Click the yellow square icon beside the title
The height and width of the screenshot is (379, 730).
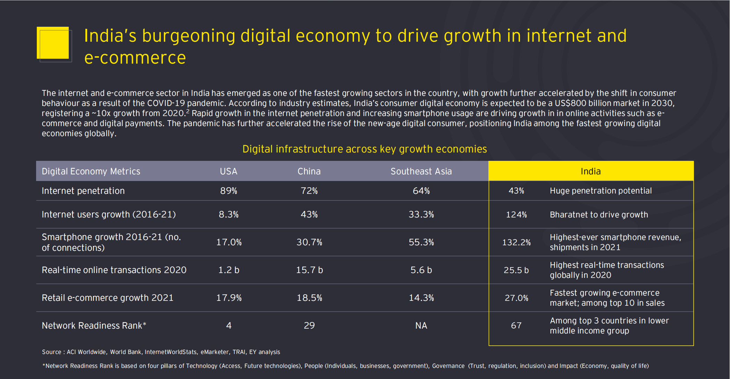[x=53, y=43]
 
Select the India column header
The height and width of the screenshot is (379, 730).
[x=590, y=171]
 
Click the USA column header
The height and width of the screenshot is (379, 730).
[x=228, y=171]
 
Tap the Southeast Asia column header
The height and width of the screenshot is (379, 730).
[x=421, y=171]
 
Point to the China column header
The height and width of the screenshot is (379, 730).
[x=309, y=171]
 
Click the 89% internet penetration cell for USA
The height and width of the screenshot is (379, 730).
[x=228, y=191]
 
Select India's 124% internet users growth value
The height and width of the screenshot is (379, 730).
[x=516, y=215]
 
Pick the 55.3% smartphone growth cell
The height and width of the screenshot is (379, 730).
[x=421, y=242]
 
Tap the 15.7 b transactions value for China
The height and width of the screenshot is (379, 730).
[x=309, y=270]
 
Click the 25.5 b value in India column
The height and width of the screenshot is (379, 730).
[x=516, y=270]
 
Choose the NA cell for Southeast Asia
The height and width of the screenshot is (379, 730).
[x=421, y=326]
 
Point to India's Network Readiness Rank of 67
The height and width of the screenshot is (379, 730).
[x=516, y=326]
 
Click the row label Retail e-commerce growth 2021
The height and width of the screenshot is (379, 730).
[x=107, y=298]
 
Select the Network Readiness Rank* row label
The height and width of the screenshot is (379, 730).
[x=94, y=326]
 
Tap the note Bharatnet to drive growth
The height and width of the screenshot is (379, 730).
[x=599, y=215]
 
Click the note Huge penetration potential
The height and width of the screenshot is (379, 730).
[x=601, y=191]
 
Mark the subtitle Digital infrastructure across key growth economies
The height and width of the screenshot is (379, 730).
[x=364, y=149]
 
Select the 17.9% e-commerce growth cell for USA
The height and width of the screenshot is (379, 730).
[x=229, y=298]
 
